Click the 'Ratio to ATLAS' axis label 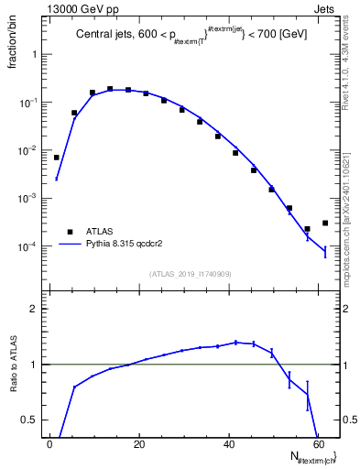click(x=14, y=364)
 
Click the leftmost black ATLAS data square click(x=57, y=158)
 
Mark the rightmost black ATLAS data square click(x=325, y=223)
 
